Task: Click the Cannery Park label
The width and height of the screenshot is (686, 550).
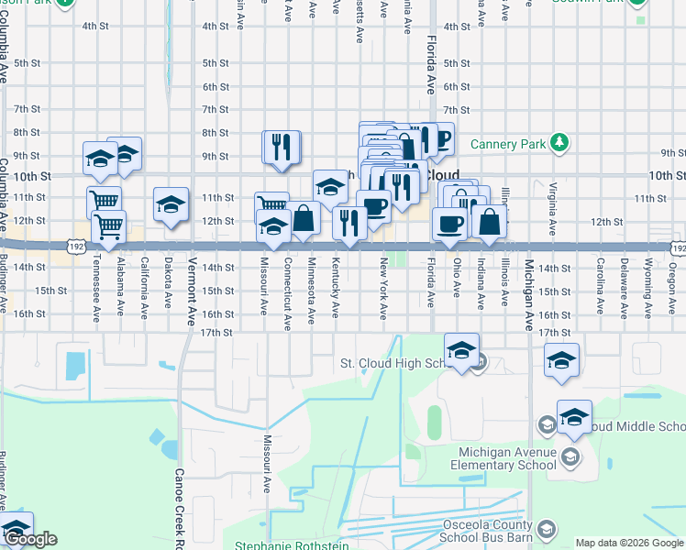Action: pyautogui.click(x=508, y=143)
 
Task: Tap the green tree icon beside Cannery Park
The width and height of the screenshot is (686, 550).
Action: pyautogui.click(x=558, y=142)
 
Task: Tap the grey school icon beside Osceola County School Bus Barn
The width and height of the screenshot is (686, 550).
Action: pyautogui.click(x=547, y=529)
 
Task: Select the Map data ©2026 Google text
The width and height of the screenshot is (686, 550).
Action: pyautogui.click(x=629, y=543)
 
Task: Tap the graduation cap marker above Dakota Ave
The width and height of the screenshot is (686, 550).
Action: pyautogui.click(x=170, y=205)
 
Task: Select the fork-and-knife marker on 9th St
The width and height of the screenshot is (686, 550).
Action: pyautogui.click(x=282, y=148)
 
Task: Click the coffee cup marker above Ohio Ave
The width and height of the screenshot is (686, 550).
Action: pyautogui.click(x=448, y=225)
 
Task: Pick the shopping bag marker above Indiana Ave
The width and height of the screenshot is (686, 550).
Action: pyautogui.click(x=491, y=221)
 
